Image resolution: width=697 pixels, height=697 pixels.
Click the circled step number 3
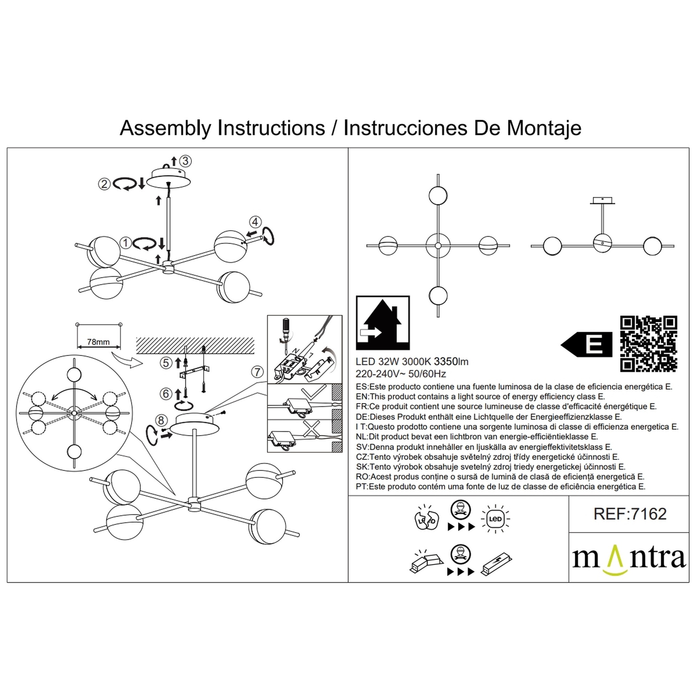(x=186, y=161)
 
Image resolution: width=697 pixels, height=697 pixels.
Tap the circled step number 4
(x=255, y=222)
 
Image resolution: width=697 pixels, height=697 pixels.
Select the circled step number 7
(x=257, y=372)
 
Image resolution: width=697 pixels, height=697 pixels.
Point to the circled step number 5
(x=166, y=363)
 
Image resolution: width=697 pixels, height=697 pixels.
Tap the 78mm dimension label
(x=98, y=342)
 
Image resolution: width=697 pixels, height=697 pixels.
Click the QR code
(x=649, y=344)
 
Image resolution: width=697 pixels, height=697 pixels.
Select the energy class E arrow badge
(x=587, y=344)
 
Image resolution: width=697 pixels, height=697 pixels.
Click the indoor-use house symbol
(x=383, y=323)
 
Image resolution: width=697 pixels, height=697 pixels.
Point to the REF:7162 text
(x=630, y=514)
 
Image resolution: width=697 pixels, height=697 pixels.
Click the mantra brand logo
(x=629, y=559)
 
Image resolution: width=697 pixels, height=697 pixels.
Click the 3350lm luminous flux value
(x=451, y=362)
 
